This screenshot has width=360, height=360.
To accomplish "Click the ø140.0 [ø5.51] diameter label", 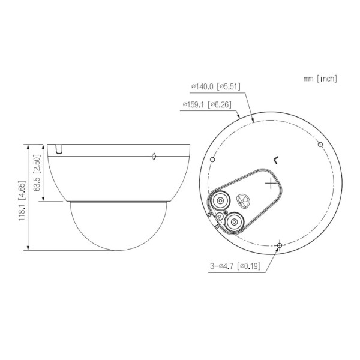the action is [x=216, y=87].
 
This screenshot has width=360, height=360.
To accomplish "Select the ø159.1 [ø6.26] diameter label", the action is [x=207, y=104].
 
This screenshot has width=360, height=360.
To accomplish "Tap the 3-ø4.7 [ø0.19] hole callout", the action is [x=235, y=266].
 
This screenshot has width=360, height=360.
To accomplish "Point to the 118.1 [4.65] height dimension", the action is [x=22, y=200].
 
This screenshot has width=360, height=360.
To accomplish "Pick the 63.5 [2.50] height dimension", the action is [x=37, y=173].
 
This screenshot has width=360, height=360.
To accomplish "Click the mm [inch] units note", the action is [x=320, y=79].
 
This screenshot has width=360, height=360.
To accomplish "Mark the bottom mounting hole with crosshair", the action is [x=280, y=245].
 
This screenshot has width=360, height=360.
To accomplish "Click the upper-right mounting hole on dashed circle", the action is [x=320, y=145].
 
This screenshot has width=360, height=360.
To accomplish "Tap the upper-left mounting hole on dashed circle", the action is [x=212, y=160].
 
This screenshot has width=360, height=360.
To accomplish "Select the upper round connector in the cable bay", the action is [x=220, y=200].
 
